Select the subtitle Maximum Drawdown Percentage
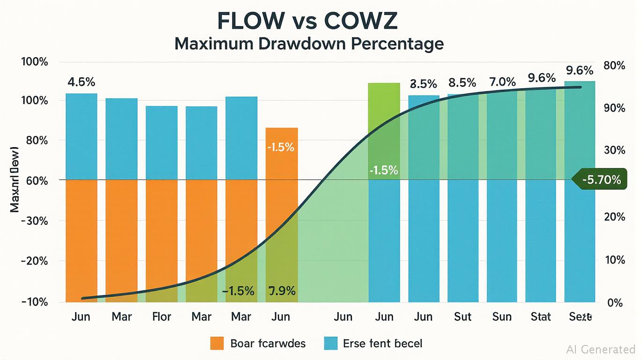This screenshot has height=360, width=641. point(309,44)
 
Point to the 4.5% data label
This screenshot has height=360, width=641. point(82,82)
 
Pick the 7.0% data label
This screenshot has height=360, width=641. point(502,82)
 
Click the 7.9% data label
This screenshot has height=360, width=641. point(282,291)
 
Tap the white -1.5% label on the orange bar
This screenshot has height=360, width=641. point(280,147)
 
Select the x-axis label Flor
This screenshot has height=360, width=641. point(162,316)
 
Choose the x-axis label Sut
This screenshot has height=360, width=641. point(462,316)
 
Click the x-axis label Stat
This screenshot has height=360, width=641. point(540,316)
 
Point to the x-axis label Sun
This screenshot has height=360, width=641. point(502,316)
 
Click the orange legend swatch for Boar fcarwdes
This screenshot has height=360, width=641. point(217,343)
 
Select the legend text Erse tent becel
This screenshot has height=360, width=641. point(382,343)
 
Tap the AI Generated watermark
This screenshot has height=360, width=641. point(600,349)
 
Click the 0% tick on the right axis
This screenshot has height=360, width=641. point(615,302)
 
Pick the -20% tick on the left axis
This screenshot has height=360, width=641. point(34,261)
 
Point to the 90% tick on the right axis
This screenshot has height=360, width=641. point(614,108)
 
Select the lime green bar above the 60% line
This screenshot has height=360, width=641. point(384,131)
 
